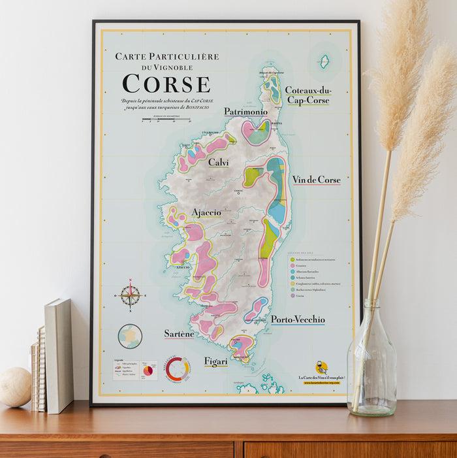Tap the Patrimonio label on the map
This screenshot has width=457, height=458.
coord(245,112)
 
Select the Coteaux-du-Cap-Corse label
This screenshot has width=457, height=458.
coord(308,95)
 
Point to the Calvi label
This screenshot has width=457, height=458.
coord(218,162)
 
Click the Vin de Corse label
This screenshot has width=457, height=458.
coord(316,180)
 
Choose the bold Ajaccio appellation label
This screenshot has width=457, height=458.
coord(206,212)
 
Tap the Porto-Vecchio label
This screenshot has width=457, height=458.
coord(298,319)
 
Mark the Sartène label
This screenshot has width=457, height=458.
coord(179,334)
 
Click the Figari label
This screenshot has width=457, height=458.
coord(216,361)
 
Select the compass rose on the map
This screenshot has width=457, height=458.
coord(131,296)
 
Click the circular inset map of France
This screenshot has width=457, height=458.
coord(130,336)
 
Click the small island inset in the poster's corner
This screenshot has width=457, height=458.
coord(324,62)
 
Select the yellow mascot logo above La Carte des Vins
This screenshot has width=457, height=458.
coord(321,367)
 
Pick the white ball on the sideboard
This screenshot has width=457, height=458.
coord(14,387)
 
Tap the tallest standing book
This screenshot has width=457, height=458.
coord(59,356)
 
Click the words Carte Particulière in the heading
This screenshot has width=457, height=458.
coord(166,56)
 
